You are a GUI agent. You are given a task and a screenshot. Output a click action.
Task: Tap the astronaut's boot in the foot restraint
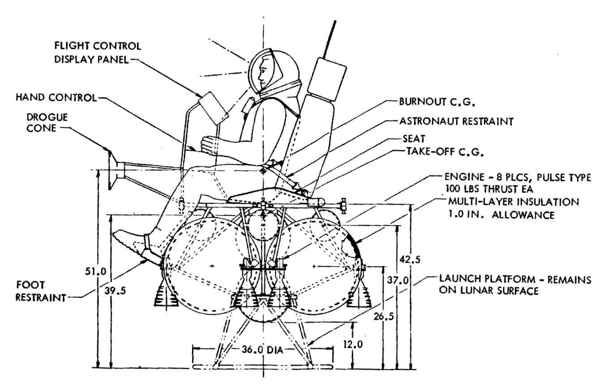coord(130,240)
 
